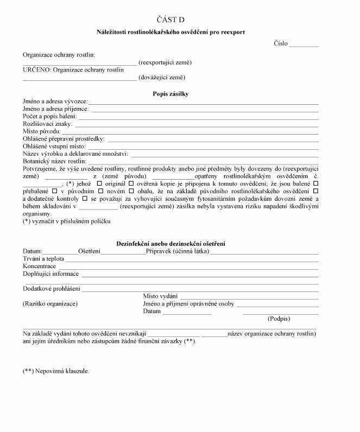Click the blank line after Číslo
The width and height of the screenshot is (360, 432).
click(304, 45)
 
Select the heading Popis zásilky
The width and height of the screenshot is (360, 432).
click(170, 94)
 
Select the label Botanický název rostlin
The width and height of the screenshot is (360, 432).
click(55, 162)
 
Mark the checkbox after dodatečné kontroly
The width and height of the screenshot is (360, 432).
click(85, 199)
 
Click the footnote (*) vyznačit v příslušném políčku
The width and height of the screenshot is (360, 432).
click(67, 221)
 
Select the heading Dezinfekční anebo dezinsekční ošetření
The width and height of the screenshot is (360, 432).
click(171, 244)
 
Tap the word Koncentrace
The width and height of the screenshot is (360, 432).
click(40, 266)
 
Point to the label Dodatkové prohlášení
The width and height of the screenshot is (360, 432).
click(52, 289)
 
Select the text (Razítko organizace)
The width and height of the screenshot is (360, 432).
click(50, 304)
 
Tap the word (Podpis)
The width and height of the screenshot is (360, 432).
click(279, 319)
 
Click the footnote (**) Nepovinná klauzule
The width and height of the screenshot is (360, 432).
click(56, 371)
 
